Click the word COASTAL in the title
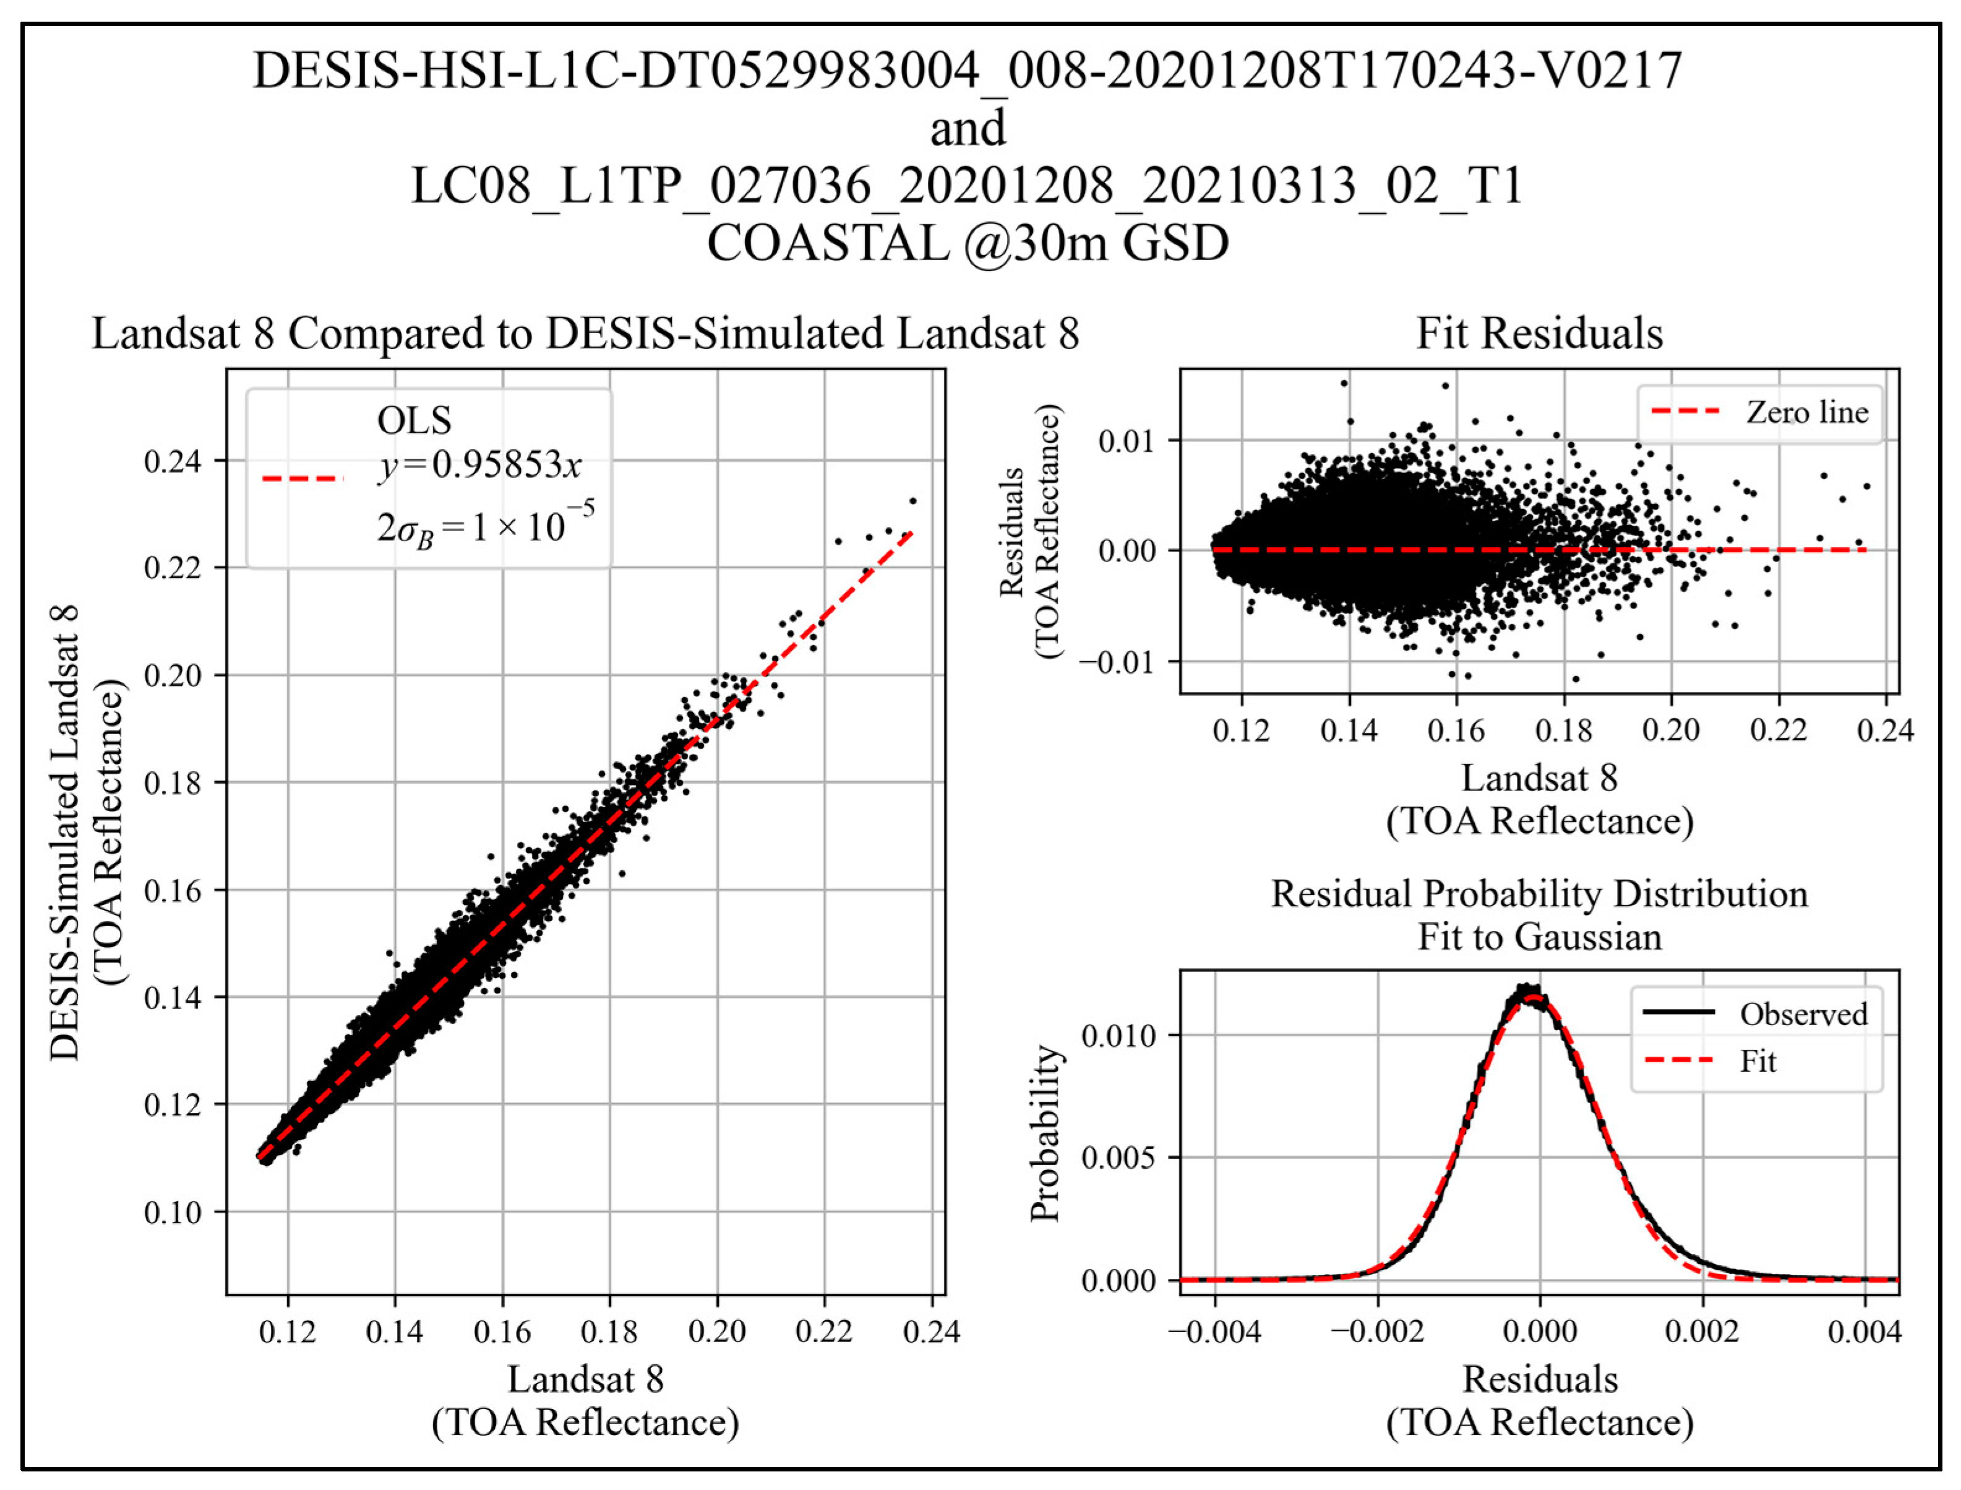pyautogui.click(x=827, y=243)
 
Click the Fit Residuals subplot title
pyautogui.click(x=1539, y=334)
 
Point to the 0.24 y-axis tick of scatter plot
pyautogui.click(x=172, y=461)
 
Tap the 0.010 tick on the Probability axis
pyautogui.click(x=1119, y=1035)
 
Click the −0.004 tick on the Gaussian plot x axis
pyautogui.click(x=1214, y=1332)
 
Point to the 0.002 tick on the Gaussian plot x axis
pyautogui.click(x=1702, y=1332)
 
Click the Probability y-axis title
pyautogui.click(x=1045, y=1133)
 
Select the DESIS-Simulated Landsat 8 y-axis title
pyautogui.click(x=64, y=834)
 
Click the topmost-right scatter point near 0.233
pyautogui.click(x=913, y=501)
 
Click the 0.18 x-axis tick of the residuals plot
pyautogui.click(x=1564, y=731)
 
